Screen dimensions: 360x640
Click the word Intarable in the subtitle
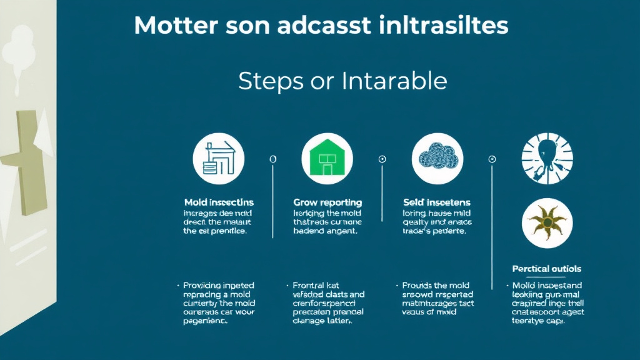pos(394,81)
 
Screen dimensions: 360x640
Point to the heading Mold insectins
pos(219,202)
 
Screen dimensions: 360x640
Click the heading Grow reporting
pos(327,202)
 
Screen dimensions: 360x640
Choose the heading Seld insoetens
pos(437,202)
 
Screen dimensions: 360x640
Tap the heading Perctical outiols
pos(547,269)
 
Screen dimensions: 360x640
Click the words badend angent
pos(325,231)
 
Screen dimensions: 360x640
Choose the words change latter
pos(322,321)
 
